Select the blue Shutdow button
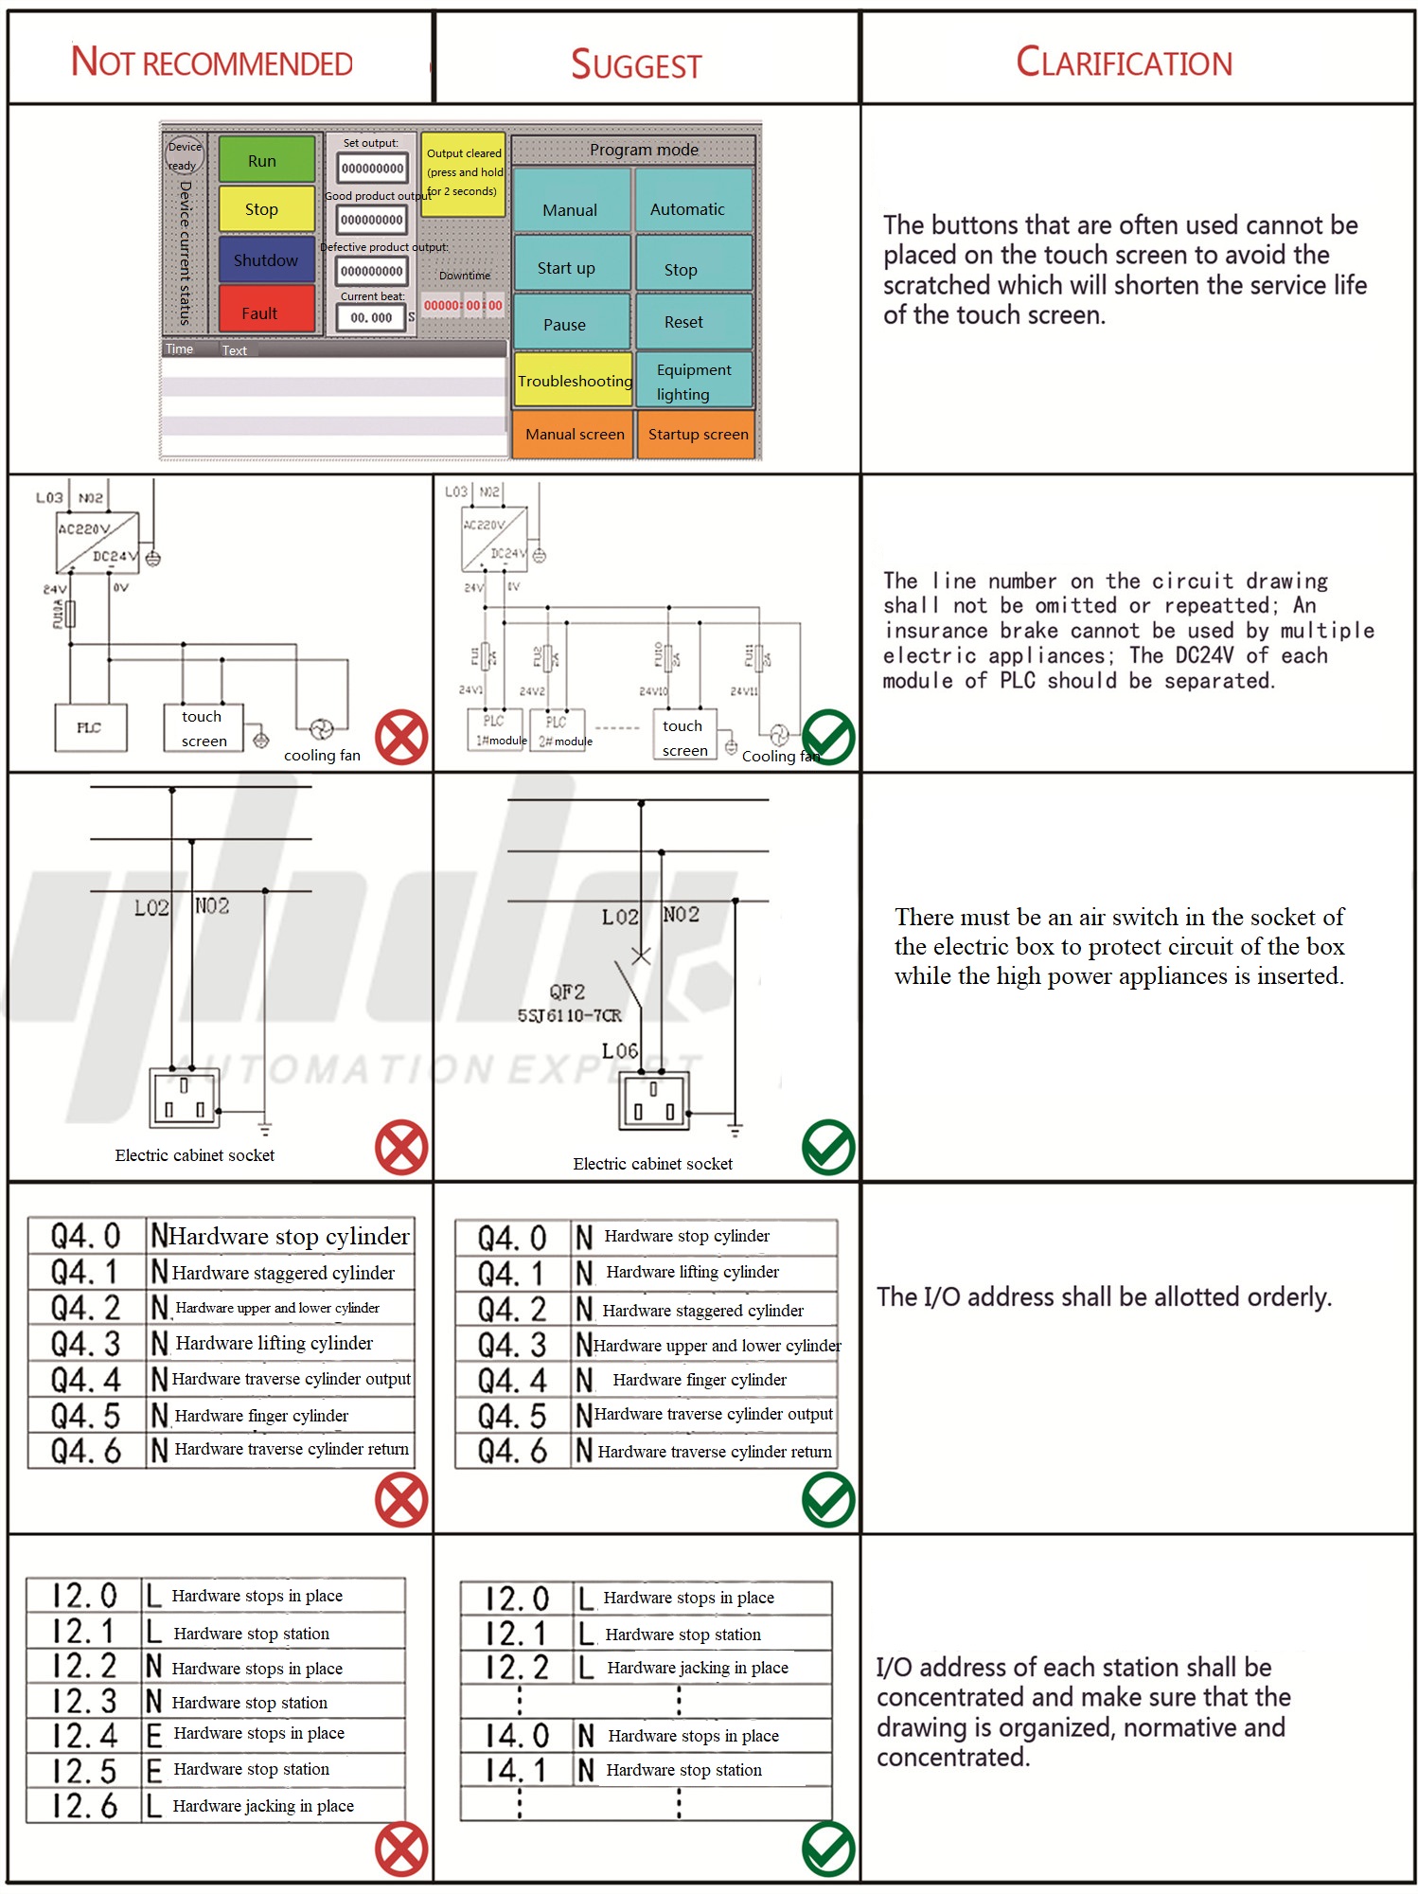pyautogui.click(x=266, y=259)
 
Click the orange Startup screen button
pyautogui.click(x=697, y=435)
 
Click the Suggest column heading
pyautogui.click(x=636, y=64)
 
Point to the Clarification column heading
pyautogui.click(x=1124, y=63)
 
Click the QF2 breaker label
pyautogui.click(x=567, y=992)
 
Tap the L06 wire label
pyautogui.click(x=619, y=1051)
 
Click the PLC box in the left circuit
pyautogui.click(x=91, y=727)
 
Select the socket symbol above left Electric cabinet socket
pyautogui.click(x=186, y=1098)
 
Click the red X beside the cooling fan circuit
pyautogui.click(x=401, y=737)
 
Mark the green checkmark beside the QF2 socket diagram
pyautogui.click(x=828, y=1147)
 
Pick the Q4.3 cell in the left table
pyautogui.click(x=86, y=1344)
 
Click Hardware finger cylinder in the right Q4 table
pyautogui.click(x=700, y=1380)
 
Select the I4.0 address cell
pyautogui.click(x=517, y=1735)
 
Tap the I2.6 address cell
pyautogui.click(x=85, y=1805)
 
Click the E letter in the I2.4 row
pyautogui.click(x=154, y=1735)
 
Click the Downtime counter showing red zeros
pyautogui.click(x=463, y=305)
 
